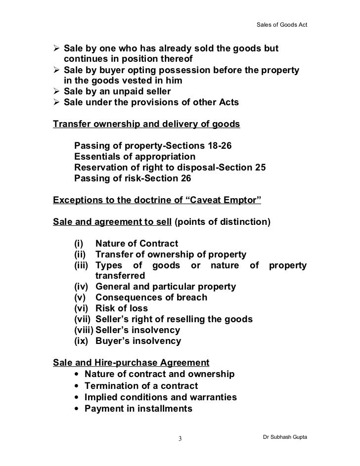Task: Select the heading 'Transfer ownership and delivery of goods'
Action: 146,124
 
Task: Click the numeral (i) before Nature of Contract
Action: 79,243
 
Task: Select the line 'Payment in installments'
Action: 138,409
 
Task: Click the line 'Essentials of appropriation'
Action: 135,157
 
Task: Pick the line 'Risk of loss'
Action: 122,308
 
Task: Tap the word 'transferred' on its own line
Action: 120,275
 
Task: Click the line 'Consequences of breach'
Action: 151,297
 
